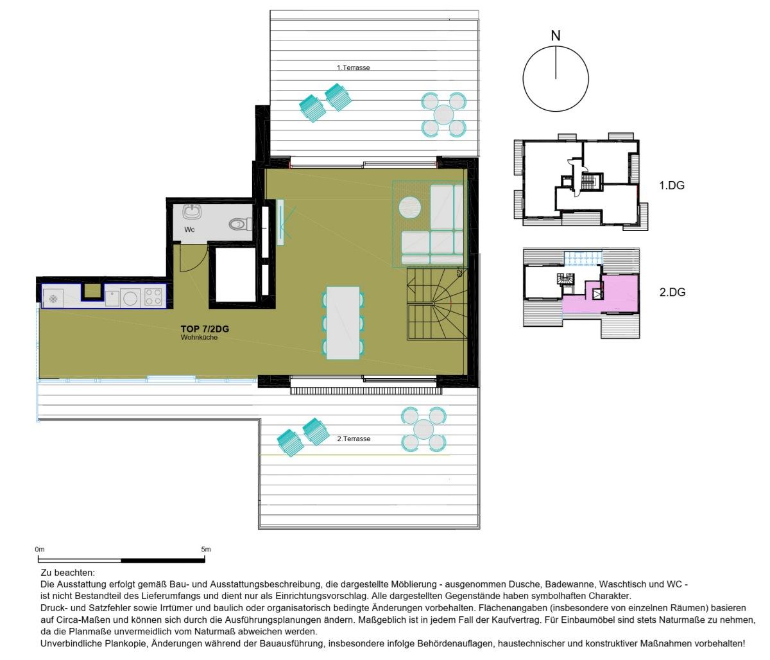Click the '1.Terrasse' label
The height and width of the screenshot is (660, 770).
[x=353, y=67]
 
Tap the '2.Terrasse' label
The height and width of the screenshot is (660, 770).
[x=354, y=439]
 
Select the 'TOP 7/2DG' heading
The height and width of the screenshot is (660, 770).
[x=205, y=329]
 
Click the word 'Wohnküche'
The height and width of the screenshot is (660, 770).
[x=199, y=337]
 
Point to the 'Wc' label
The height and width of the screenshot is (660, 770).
[x=189, y=230]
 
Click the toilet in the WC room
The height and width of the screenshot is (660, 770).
[x=240, y=224]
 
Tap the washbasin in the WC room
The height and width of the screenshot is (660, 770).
[x=192, y=213]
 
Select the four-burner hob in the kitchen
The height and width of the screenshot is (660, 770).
[x=154, y=297]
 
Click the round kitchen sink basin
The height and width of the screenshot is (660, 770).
[x=130, y=298]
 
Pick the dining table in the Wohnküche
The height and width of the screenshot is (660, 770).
[x=343, y=323]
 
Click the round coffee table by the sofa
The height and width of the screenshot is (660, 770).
[x=410, y=207]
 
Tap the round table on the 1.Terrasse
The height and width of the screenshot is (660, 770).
[x=443, y=114]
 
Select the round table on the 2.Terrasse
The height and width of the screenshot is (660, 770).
[x=424, y=430]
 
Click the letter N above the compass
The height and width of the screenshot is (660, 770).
[x=556, y=36]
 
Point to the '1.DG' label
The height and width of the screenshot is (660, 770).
[x=672, y=185]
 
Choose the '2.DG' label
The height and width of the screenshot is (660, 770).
[x=672, y=292]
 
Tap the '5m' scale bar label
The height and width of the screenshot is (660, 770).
[x=206, y=550]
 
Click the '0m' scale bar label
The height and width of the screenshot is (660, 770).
[x=40, y=550]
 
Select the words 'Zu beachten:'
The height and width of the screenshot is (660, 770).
[x=68, y=573]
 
